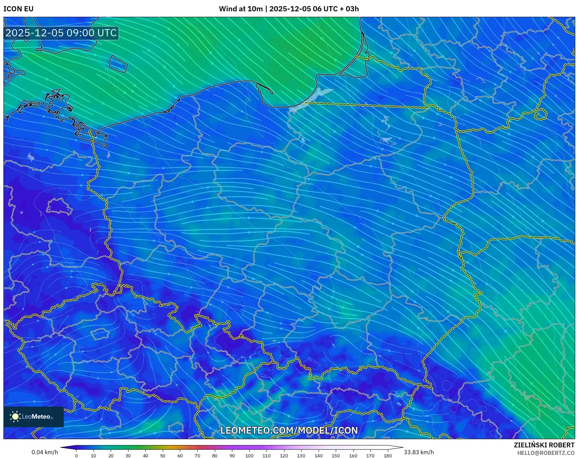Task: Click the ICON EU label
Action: pos(19,9)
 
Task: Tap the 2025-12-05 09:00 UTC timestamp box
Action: pos(61,33)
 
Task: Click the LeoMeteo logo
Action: pos(34,417)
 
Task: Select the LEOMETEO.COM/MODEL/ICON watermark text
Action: pos(289,431)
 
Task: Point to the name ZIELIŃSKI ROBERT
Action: pos(544,445)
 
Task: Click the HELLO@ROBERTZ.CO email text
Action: pos(545,453)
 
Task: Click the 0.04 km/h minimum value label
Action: pos(45,452)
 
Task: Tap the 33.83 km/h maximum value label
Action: pos(419,452)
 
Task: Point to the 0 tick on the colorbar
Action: pos(76,456)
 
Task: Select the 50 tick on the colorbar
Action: pos(163,456)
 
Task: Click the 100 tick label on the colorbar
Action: pos(249,456)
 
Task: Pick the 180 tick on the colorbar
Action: pos(388,456)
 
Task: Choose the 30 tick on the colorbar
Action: pos(128,456)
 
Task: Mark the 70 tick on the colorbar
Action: pos(197,456)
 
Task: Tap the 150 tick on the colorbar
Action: pos(336,456)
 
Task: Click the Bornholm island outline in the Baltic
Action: pos(118,64)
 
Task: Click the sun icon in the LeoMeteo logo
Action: pos(15,417)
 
